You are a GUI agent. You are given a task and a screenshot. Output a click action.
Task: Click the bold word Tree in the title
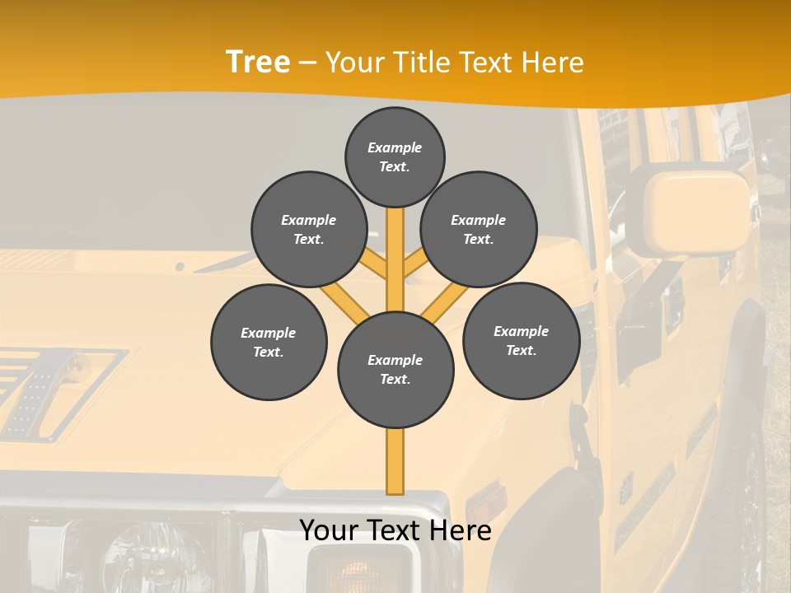coord(258,63)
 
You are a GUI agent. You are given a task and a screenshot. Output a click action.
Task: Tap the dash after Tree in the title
coord(307,63)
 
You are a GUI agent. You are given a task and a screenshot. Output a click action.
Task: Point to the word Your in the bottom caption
coord(329,530)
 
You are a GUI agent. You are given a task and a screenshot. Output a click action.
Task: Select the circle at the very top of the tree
coord(395,156)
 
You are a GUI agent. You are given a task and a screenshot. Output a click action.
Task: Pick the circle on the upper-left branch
coord(308,229)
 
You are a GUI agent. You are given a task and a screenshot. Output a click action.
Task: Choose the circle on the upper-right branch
coord(478,229)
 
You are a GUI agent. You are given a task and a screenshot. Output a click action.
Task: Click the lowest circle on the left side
coord(269,342)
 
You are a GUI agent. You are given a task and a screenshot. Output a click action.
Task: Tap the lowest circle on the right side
coord(521,340)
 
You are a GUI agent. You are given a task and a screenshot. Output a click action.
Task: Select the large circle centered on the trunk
coord(395,369)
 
